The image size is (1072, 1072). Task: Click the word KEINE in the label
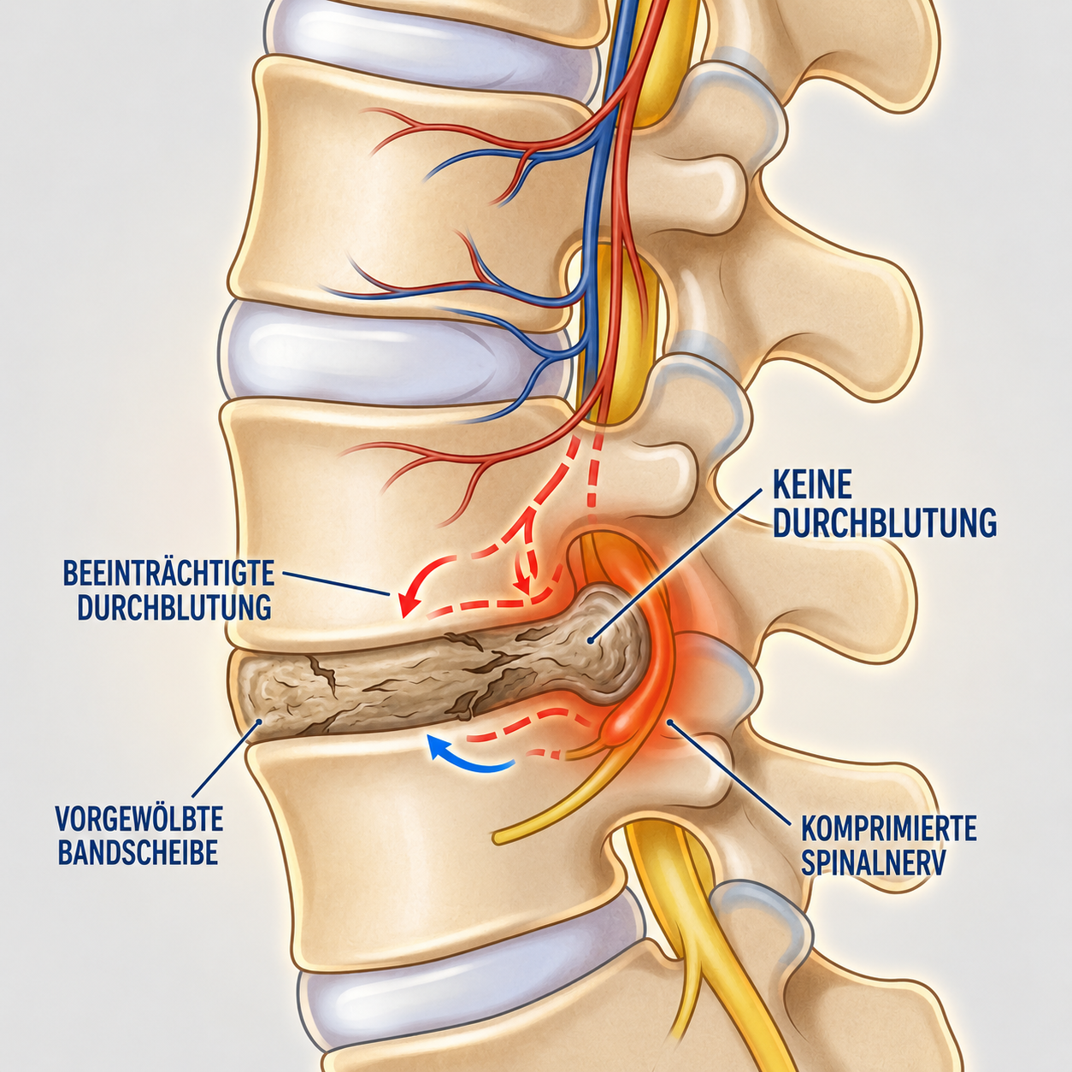[x=813, y=486]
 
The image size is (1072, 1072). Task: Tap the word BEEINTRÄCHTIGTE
[x=169, y=574]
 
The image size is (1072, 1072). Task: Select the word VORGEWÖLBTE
[x=139, y=818]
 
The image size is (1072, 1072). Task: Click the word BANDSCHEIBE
[x=138, y=852]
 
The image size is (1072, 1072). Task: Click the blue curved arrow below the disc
[x=469, y=762]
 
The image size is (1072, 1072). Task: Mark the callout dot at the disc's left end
[x=259, y=722]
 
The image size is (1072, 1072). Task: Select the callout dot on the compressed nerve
[x=671, y=722]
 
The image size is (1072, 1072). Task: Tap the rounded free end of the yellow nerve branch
[x=499, y=836]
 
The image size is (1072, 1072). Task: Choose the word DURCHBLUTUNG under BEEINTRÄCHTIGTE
[x=174, y=608]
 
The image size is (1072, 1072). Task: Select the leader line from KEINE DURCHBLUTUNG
[x=676, y=564]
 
